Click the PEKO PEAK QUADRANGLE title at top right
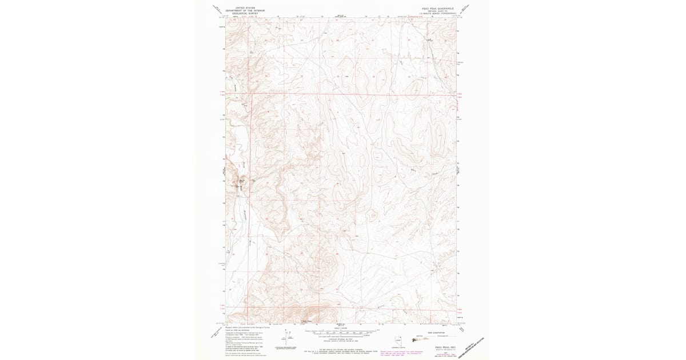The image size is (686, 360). pyautogui.click(x=437, y=9)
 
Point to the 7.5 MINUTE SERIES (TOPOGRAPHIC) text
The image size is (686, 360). pyautogui.click(x=437, y=13)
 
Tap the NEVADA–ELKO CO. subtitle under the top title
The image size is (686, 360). pyautogui.click(x=437, y=11)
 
